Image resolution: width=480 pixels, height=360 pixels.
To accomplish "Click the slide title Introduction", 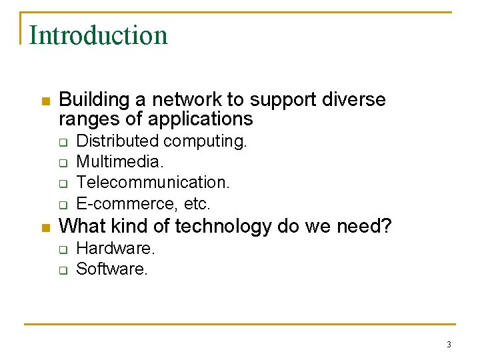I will pyautogui.click(x=98, y=35).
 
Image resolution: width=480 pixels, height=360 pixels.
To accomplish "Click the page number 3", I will pyautogui.click(x=449, y=345).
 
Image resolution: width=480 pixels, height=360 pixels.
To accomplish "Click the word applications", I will pyautogui.click(x=201, y=119).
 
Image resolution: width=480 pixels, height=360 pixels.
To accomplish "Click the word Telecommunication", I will pyautogui.click(x=153, y=183).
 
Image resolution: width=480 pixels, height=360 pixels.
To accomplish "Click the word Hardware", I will pyautogui.click(x=115, y=249).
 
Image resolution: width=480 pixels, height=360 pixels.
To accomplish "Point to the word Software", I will pyautogui.click(x=111, y=269).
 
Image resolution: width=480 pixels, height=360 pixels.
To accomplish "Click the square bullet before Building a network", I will pyautogui.click(x=45, y=101).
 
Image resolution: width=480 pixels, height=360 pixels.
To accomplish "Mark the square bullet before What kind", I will pyautogui.click(x=45, y=227).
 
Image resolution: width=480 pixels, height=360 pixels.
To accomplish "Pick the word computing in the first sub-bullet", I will pyautogui.click(x=205, y=141).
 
